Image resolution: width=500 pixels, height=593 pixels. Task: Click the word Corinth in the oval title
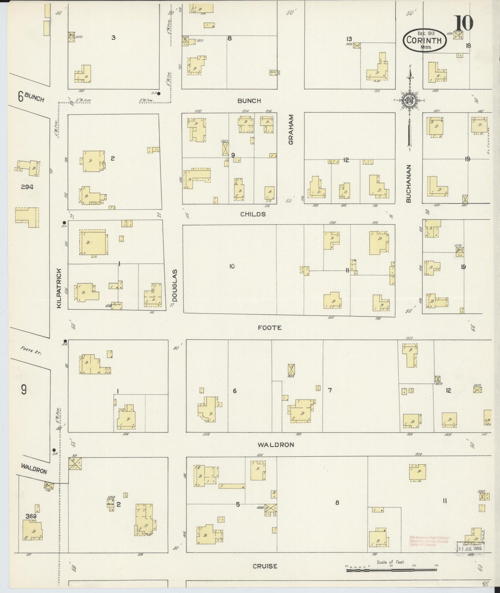[x=424, y=40]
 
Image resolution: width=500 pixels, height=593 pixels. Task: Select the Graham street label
[x=291, y=129]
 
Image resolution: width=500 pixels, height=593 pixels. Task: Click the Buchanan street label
[x=408, y=183]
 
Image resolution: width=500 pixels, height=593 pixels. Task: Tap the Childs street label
[x=253, y=214]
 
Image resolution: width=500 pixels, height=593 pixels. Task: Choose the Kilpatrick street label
[x=59, y=288]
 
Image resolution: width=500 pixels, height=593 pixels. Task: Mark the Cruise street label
[x=265, y=566]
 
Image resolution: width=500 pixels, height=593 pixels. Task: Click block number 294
[x=27, y=187]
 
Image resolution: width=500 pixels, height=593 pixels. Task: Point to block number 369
[x=31, y=516]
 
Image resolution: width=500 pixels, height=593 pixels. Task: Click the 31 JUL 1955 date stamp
[x=470, y=548]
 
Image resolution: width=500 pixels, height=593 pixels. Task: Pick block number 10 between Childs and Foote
[x=231, y=266]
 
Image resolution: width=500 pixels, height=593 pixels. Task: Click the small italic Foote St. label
[x=31, y=351]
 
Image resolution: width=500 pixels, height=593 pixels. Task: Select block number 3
[x=113, y=37]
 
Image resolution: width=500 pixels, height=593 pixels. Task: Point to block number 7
[x=330, y=390]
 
